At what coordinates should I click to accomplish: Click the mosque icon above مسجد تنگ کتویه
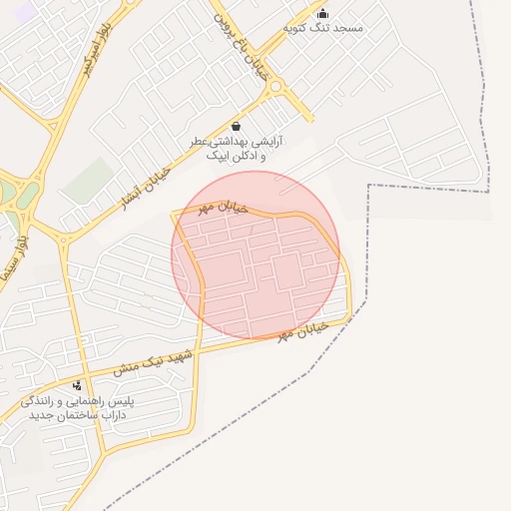(322, 14)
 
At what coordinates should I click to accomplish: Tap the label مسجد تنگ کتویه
(323, 28)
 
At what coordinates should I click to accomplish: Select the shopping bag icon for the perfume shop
(236, 126)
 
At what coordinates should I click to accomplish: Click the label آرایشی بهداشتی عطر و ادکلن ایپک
(238, 149)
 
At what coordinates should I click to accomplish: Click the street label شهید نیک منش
(152, 361)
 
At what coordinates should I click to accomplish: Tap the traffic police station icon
(78, 385)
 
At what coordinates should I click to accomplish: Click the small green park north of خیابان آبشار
(89, 180)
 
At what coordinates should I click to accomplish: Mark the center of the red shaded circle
(255, 255)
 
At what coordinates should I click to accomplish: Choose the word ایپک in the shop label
(218, 156)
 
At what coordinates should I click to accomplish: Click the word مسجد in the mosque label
(349, 28)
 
